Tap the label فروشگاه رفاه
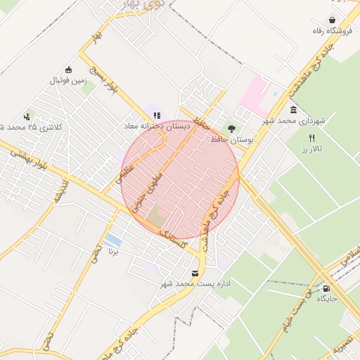[x=331, y=32]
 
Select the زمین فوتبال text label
[x=67, y=80]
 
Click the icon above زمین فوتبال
[x=69, y=69]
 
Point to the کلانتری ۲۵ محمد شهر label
[x=28, y=127]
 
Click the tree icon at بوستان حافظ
[x=230, y=129]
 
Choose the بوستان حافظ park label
[x=231, y=140]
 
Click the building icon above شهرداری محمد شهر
[x=293, y=110]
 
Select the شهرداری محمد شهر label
[x=295, y=121]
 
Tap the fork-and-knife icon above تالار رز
[x=311, y=139]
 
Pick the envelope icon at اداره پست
[x=195, y=272]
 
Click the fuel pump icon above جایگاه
[x=326, y=287]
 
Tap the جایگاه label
[x=327, y=298]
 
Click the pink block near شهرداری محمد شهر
[x=255, y=95]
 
